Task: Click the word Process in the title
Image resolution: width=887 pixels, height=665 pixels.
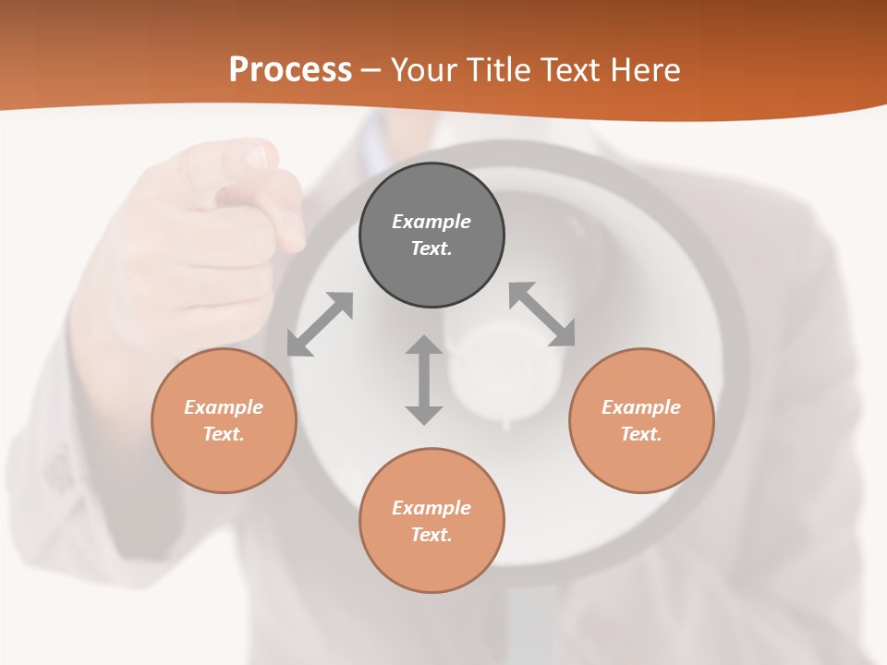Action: coord(290,70)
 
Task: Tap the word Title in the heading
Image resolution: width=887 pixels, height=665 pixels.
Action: coord(500,70)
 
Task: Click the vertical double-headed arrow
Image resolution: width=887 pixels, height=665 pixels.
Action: coord(424,380)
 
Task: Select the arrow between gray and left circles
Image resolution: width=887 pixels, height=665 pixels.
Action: coord(320,323)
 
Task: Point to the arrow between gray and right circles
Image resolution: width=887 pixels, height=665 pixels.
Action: coord(541,314)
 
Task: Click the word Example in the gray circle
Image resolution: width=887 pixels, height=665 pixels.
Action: coord(431,222)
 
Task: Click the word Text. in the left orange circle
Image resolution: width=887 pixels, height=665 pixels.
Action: coord(224,434)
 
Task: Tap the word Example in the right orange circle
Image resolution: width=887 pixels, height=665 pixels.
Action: coord(641,407)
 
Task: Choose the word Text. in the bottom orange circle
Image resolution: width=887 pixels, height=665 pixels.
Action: coord(431,535)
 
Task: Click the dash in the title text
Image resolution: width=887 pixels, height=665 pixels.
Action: coord(371,70)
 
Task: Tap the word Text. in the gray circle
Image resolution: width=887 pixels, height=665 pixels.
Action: coord(431,248)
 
